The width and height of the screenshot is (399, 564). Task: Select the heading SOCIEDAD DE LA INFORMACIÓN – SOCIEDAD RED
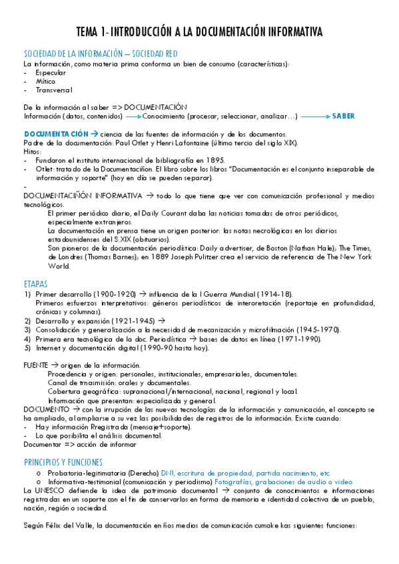(x=100, y=54)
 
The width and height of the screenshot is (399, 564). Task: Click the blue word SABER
(x=344, y=116)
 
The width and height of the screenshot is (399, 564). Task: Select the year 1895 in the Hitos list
(x=216, y=160)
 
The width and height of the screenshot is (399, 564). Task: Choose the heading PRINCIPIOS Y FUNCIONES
(x=63, y=443)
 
